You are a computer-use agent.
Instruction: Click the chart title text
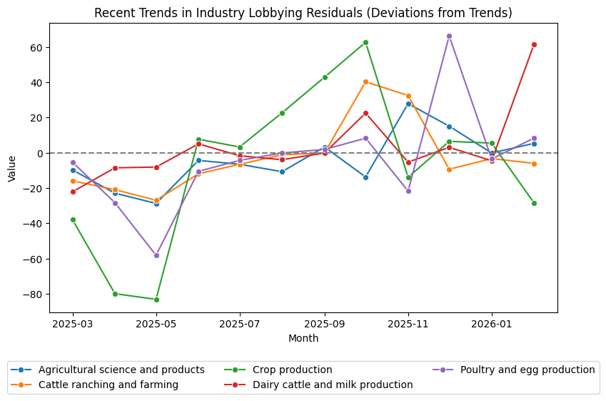(303, 13)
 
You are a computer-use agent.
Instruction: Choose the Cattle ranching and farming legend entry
(108, 385)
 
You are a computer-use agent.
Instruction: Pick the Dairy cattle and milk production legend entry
(333, 385)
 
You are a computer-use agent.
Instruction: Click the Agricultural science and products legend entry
(121, 370)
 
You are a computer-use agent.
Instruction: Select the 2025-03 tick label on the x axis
(73, 325)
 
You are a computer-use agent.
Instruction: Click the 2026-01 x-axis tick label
(492, 325)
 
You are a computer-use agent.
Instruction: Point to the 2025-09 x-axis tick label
(325, 325)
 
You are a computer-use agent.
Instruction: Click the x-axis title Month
(303, 338)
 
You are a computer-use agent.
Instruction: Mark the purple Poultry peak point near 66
(449, 36)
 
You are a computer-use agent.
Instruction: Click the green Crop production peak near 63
(365, 42)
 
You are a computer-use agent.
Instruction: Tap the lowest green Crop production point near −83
(156, 299)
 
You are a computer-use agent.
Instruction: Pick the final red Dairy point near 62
(534, 44)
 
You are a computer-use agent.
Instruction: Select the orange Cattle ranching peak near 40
(365, 81)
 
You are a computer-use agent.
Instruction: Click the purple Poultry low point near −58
(156, 255)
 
